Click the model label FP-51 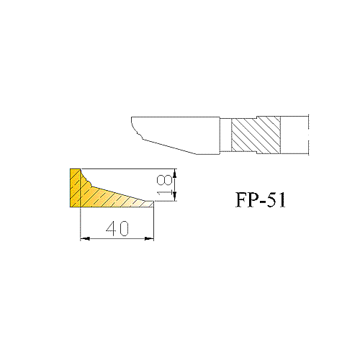point(261,199)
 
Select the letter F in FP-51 point(241,199)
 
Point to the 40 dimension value point(117,228)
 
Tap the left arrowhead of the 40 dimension point(85,238)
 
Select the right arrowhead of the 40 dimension point(149,238)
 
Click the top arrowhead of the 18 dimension point(175,174)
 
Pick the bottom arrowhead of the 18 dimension point(175,196)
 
